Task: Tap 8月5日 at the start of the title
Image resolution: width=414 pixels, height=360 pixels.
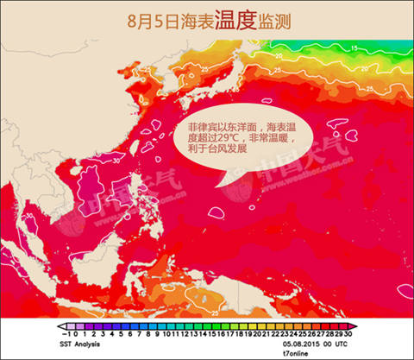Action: (x=147, y=17)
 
